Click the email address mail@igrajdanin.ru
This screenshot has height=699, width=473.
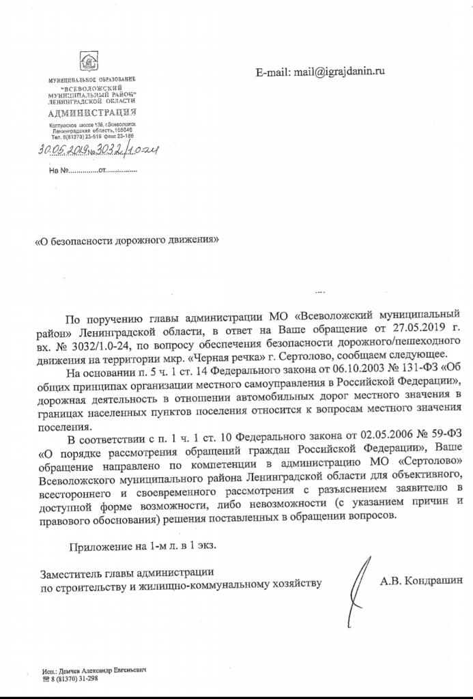point(321,71)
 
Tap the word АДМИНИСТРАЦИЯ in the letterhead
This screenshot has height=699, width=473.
point(92,112)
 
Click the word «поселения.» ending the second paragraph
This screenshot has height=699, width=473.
point(60,427)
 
